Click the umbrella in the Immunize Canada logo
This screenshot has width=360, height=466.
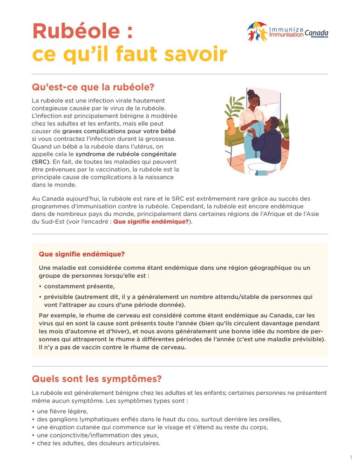pos(258,26)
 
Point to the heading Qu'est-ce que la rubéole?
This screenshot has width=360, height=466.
pos(93,88)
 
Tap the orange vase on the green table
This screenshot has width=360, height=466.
pos(231,126)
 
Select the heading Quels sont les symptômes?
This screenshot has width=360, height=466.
pos(96,378)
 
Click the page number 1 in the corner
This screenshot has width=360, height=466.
pos(350,457)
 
